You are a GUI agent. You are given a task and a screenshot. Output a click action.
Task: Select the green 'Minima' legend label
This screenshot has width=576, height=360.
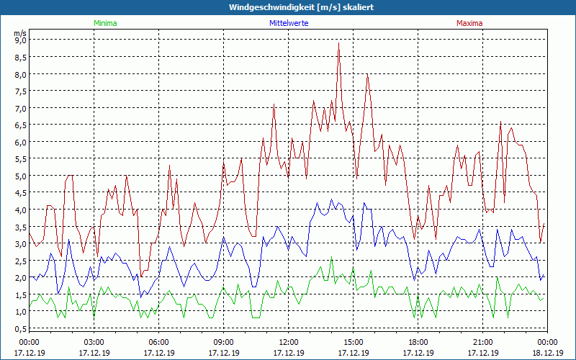pyautogui.click(x=104, y=23)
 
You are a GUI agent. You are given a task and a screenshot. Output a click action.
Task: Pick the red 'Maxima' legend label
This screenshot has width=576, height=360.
pyautogui.click(x=469, y=23)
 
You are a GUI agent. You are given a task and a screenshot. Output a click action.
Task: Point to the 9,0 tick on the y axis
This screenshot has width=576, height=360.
pyautogui.click(x=20, y=40)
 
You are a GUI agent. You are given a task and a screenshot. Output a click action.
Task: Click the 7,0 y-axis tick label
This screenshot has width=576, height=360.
pyautogui.click(x=20, y=108)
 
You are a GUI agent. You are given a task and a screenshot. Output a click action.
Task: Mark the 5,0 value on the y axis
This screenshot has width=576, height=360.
pyautogui.click(x=20, y=176)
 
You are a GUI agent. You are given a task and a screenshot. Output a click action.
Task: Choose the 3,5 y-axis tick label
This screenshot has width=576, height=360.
pyautogui.click(x=20, y=227)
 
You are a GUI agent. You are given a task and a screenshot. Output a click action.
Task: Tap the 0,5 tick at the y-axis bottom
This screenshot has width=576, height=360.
pyautogui.click(x=20, y=328)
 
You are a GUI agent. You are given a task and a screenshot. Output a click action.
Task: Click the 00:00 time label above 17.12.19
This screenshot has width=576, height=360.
pyautogui.click(x=29, y=342)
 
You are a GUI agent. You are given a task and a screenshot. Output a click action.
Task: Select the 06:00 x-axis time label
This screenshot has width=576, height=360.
pyautogui.click(x=158, y=342)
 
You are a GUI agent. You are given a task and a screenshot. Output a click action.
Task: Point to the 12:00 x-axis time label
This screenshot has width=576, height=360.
pyautogui.click(x=288, y=342)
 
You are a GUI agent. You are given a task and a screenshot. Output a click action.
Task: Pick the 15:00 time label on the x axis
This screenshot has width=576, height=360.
pyautogui.click(x=353, y=342)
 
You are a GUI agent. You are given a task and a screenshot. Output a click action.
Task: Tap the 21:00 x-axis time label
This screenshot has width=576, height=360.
pyautogui.click(x=482, y=342)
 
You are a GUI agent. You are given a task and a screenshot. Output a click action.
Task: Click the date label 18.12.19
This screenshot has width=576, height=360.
pyautogui.click(x=547, y=353)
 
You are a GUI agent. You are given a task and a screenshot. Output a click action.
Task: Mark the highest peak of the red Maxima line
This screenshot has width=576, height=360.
pyautogui.click(x=338, y=43)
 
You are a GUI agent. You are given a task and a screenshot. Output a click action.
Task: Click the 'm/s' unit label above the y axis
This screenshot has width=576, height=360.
pyautogui.click(x=20, y=33)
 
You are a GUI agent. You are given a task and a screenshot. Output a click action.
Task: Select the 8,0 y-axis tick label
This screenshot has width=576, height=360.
pyautogui.click(x=20, y=74)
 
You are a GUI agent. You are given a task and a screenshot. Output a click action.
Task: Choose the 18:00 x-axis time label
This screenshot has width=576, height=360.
pyautogui.click(x=418, y=342)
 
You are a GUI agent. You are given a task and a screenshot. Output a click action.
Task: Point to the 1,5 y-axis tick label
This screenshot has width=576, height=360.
pyautogui.click(x=20, y=294)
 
